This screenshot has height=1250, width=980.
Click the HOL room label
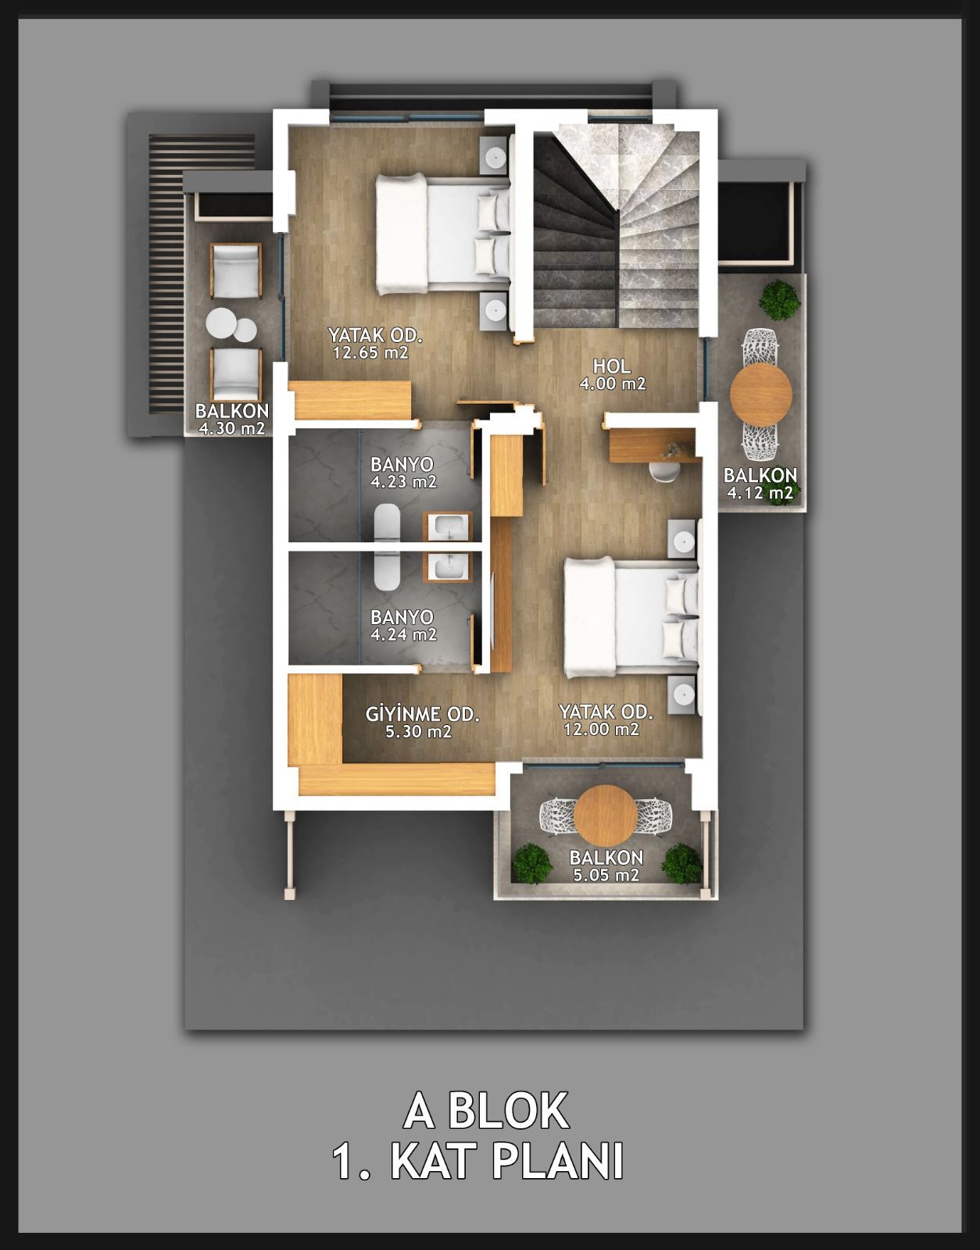pos(612,366)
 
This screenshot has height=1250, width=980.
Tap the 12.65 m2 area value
pos(370,352)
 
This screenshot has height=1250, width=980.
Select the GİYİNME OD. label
pos(422,714)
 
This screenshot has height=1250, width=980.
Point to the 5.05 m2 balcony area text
pos(606,876)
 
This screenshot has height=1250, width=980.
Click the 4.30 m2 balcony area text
pos(231,429)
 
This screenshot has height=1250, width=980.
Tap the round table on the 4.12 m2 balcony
pos(760,394)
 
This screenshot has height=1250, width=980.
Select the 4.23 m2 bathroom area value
pos(403,481)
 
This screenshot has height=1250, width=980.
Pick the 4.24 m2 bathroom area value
pos(403,634)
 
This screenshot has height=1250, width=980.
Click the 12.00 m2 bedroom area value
pos(601,730)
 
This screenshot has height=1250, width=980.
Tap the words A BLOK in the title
pos(486,1112)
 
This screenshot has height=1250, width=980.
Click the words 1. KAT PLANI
pos(478,1162)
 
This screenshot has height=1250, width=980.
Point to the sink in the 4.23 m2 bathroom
pos(446,527)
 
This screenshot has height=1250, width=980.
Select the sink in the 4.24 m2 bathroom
pos(446,567)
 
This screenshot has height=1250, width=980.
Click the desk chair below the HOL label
pos(664,470)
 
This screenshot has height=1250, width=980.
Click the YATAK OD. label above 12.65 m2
pos(375,335)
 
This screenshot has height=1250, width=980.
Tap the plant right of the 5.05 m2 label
pos(681,863)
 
